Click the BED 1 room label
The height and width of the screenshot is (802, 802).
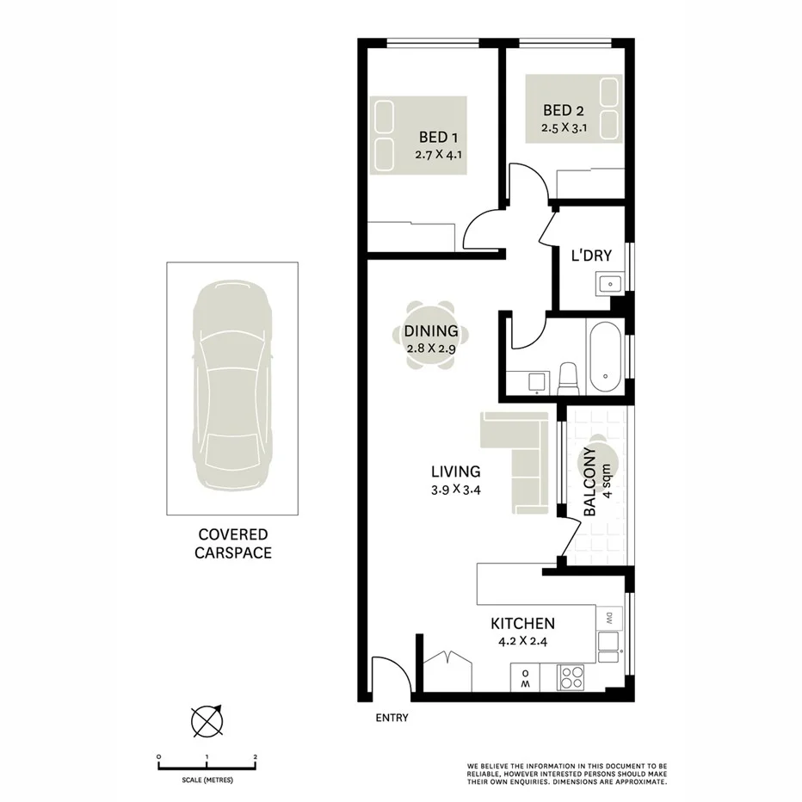[x=439, y=138]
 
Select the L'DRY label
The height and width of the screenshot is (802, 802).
[x=592, y=256]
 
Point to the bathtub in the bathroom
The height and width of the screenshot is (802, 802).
[x=605, y=354]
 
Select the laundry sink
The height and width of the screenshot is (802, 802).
[x=610, y=282]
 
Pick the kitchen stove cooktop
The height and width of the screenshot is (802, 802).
[x=570, y=678]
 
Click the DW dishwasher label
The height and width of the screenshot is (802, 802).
[x=608, y=617]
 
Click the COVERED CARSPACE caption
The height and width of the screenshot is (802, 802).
[x=232, y=544]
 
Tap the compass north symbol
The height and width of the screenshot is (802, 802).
[x=207, y=721]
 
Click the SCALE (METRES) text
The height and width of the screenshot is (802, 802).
[x=207, y=780]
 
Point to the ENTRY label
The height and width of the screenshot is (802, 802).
[x=392, y=718]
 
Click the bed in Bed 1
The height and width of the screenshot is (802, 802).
[x=418, y=135]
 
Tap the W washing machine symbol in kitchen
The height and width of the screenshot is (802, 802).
[x=523, y=679]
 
